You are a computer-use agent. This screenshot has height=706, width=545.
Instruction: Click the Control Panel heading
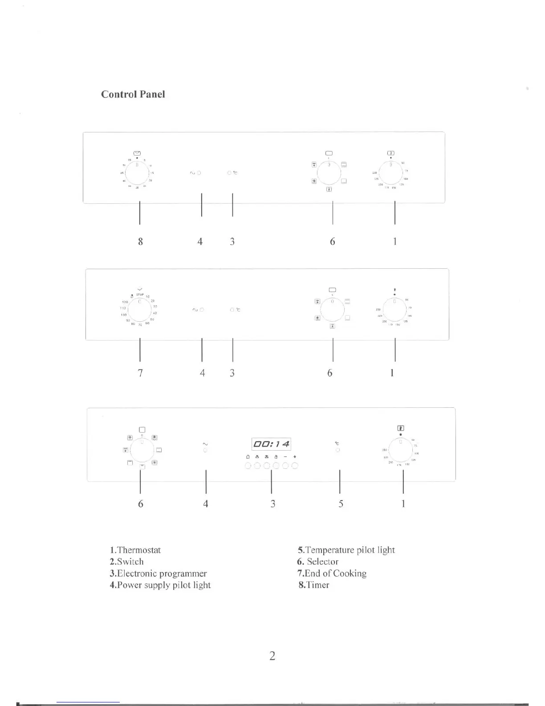(x=133, y=94)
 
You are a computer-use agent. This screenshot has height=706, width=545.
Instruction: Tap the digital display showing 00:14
(x=271, y=444)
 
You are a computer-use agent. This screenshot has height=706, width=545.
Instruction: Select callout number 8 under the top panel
(x=140, y=242)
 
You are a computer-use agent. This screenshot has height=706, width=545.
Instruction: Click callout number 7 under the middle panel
(x=140, y=373)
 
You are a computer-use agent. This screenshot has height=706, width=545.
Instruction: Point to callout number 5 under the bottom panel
(x=341, y=504)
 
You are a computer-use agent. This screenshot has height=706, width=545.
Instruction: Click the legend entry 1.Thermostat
(x=135, y=550)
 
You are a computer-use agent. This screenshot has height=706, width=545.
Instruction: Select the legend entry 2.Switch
(x=127, y=562)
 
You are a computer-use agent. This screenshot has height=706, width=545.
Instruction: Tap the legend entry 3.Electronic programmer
(x=158, y=573)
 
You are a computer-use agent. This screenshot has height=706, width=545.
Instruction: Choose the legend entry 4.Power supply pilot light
(x=160, y=585)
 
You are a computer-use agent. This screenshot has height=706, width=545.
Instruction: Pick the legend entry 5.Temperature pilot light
(x=346, y=550)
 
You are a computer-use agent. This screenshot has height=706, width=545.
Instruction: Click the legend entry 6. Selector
(x=318, y=562)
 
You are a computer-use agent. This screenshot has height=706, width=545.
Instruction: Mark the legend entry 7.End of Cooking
(x=332, y=573)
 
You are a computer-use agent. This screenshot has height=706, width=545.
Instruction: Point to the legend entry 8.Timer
(x=314, y=585)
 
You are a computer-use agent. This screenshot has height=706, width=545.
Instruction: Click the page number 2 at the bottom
(x=272, y=656)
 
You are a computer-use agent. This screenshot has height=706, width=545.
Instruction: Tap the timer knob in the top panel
(x=137, y=172)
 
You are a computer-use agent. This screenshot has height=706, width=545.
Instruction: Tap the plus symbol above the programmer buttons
(x=295, y=457)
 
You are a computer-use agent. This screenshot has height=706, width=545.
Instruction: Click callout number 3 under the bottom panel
(x=272, y=504)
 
